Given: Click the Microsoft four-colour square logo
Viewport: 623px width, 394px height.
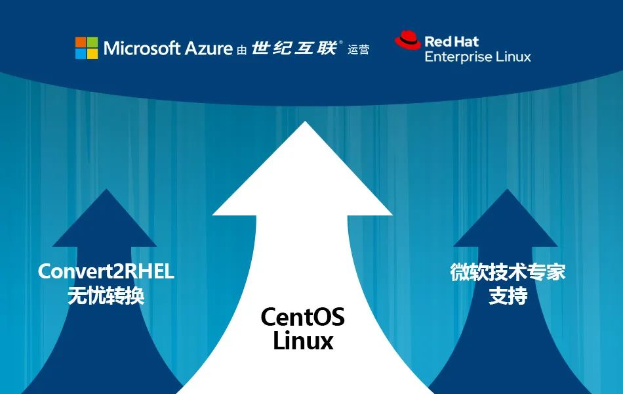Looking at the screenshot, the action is (87, 48).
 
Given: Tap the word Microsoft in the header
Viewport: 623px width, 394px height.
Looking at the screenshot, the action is (141, 48).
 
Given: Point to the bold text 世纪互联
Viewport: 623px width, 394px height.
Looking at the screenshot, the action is (294, 48).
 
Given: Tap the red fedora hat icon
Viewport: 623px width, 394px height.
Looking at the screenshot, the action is (407, 41).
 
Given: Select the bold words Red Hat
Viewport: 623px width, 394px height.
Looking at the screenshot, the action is (451, 41).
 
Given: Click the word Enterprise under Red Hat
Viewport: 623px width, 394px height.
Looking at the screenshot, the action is (457, 57).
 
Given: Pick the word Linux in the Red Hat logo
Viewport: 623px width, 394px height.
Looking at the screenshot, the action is (512, 56).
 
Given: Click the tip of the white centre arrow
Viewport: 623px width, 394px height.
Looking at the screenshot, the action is (303, 123).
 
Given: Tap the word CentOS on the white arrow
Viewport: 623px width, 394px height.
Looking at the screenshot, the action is (302, 317).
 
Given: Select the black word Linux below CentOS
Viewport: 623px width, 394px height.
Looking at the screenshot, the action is (303, 341).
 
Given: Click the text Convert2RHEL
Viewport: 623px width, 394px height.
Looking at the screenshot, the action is (106, 271).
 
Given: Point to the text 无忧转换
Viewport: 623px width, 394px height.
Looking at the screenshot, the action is (106, 295).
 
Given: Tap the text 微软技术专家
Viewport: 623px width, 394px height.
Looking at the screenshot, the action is (508, 272).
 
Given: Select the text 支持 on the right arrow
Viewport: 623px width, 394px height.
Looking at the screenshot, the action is (508, 295).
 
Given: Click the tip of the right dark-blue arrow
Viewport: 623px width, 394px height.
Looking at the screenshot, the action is (506, 191).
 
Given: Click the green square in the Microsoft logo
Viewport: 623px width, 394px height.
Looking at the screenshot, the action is (92, 42).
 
